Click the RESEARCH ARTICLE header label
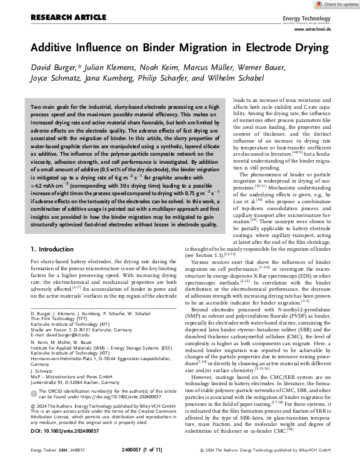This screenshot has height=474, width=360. point(60,18)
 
